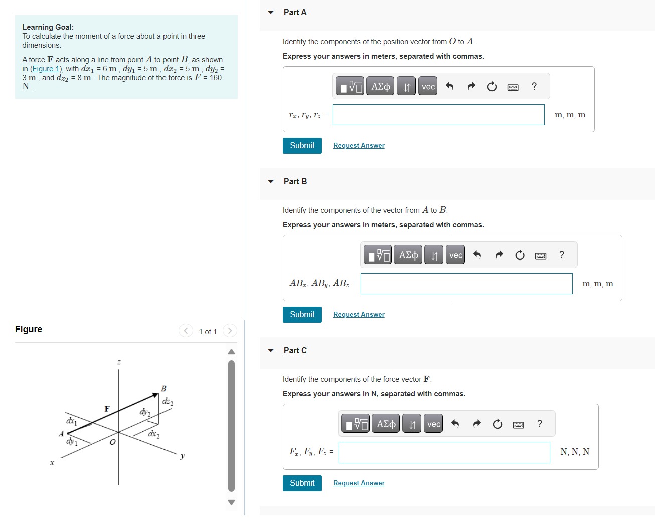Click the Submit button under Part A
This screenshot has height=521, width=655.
(x=302, y=146)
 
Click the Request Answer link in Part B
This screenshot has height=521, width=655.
(x=359, y=315)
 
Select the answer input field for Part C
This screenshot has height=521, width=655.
(x=444, y=452)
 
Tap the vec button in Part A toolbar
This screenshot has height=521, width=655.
(x=428, y=87)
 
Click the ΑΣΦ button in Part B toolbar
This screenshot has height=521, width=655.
(x=408, y=255)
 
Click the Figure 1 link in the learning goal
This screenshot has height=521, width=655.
(x=46, y=69)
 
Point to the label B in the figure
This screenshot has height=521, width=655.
(x=163, y=389)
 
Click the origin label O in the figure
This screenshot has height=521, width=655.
(x=112, y=442)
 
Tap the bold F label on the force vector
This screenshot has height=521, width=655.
(x=107, y=409)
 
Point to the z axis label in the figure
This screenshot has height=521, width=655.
(x=119, y=362)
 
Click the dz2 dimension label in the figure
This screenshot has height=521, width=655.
(x=168, y=401)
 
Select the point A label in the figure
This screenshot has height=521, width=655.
(x=61, y=434)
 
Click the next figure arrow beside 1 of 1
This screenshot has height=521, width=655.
(x=230, y=331)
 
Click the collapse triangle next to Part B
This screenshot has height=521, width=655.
(x=271, y=181)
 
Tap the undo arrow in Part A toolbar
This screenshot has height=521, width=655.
(x=450, y=87)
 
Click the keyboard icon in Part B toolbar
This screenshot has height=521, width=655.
(x=541, y=256)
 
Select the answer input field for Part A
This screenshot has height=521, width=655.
(x=438, y=115)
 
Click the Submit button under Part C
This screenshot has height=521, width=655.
(x=302, y=483)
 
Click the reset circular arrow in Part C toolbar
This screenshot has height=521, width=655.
(x=497, y=424)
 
